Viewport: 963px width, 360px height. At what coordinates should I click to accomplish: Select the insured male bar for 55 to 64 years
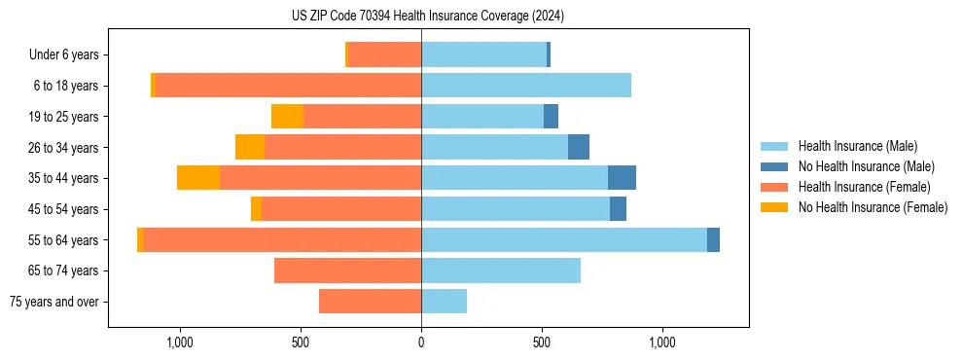(564, 239)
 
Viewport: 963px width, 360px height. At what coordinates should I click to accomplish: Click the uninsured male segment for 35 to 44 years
(622, 178)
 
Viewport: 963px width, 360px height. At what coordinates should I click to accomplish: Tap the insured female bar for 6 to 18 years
(288, 86)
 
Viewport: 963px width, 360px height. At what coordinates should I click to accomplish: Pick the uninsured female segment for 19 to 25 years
(287, 117)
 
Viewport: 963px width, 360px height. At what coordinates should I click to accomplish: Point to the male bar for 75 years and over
(444, 302)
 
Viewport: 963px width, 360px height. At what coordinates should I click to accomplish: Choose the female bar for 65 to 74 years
(347, 270)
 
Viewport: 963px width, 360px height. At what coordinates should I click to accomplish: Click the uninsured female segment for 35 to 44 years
(198, 178)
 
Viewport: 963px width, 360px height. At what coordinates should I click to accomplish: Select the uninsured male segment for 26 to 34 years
(579, 147)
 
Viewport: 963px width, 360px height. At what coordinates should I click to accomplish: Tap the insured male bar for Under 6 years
(483, 54)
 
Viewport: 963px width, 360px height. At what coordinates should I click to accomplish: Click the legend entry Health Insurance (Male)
(857, 146)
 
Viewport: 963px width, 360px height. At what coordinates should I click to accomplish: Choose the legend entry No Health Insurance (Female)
(873, 207)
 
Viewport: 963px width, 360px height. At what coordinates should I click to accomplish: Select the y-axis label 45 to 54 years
(64, 209)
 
